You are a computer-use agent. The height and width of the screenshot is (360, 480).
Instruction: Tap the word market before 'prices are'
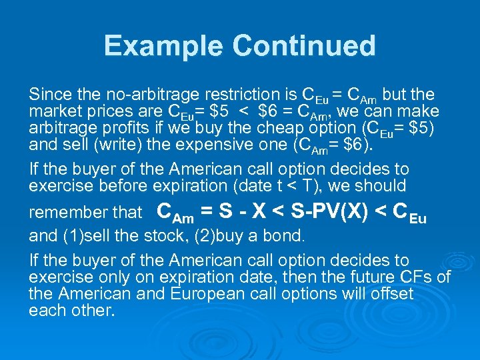(x=54, y=111)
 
